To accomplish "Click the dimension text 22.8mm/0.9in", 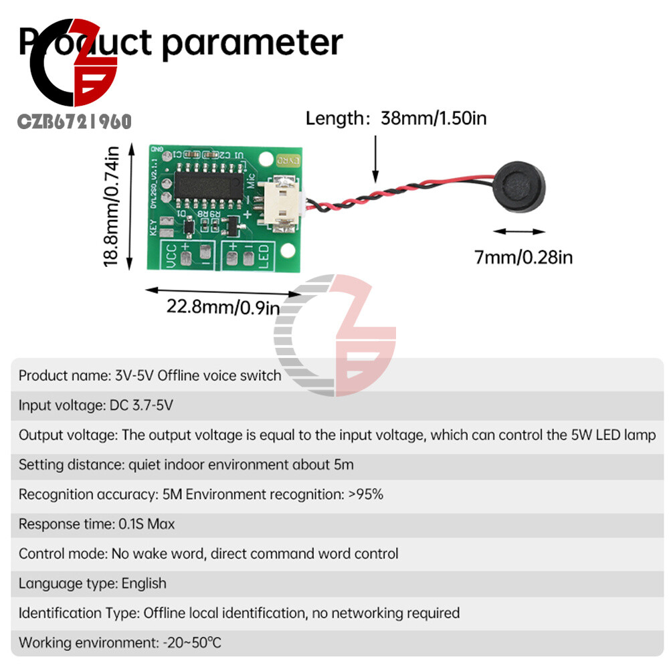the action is click(x=223, y=307).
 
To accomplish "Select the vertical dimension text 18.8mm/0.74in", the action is click(x=112, y=207).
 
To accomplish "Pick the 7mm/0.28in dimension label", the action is click(x=523, y=257).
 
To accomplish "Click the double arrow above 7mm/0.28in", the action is click(x=520, y=232).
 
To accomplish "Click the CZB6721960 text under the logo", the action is click(x=74, y=121).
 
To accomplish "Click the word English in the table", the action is click(x=144, y=583).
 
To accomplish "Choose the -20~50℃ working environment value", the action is click(x=192, y=643).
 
